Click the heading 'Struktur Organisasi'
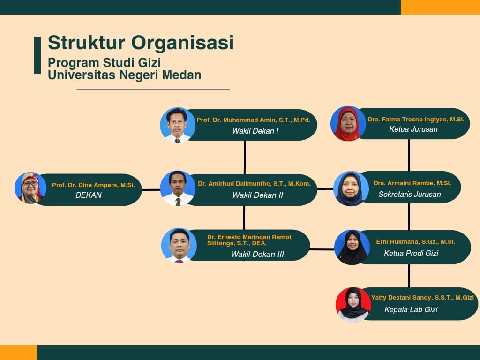[x=141, y=43]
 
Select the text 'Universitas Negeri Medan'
[x=125, y=75]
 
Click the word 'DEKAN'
[x=89, y=195]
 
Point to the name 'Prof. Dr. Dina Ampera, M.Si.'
[x=93, y=185]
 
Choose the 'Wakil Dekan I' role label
[x=255, y=131]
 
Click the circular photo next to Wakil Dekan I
[x=178, y=125]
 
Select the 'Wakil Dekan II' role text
[x=257, y=195]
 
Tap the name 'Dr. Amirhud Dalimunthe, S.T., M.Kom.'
[x=254, y=184]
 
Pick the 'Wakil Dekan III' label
[x=257, y=255]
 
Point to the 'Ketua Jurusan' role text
[x=413, y=129]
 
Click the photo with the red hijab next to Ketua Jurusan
[x=348, y=124]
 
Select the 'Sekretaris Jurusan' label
[x=409, y=194]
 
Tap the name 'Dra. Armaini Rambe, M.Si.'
[x=412, y=183]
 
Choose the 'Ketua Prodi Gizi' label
[x=411, y=253]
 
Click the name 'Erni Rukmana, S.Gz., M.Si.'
[x=415, y=242]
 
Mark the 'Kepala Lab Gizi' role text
[x=411, y=309]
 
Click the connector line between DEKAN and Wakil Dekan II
[x=151, y=190]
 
